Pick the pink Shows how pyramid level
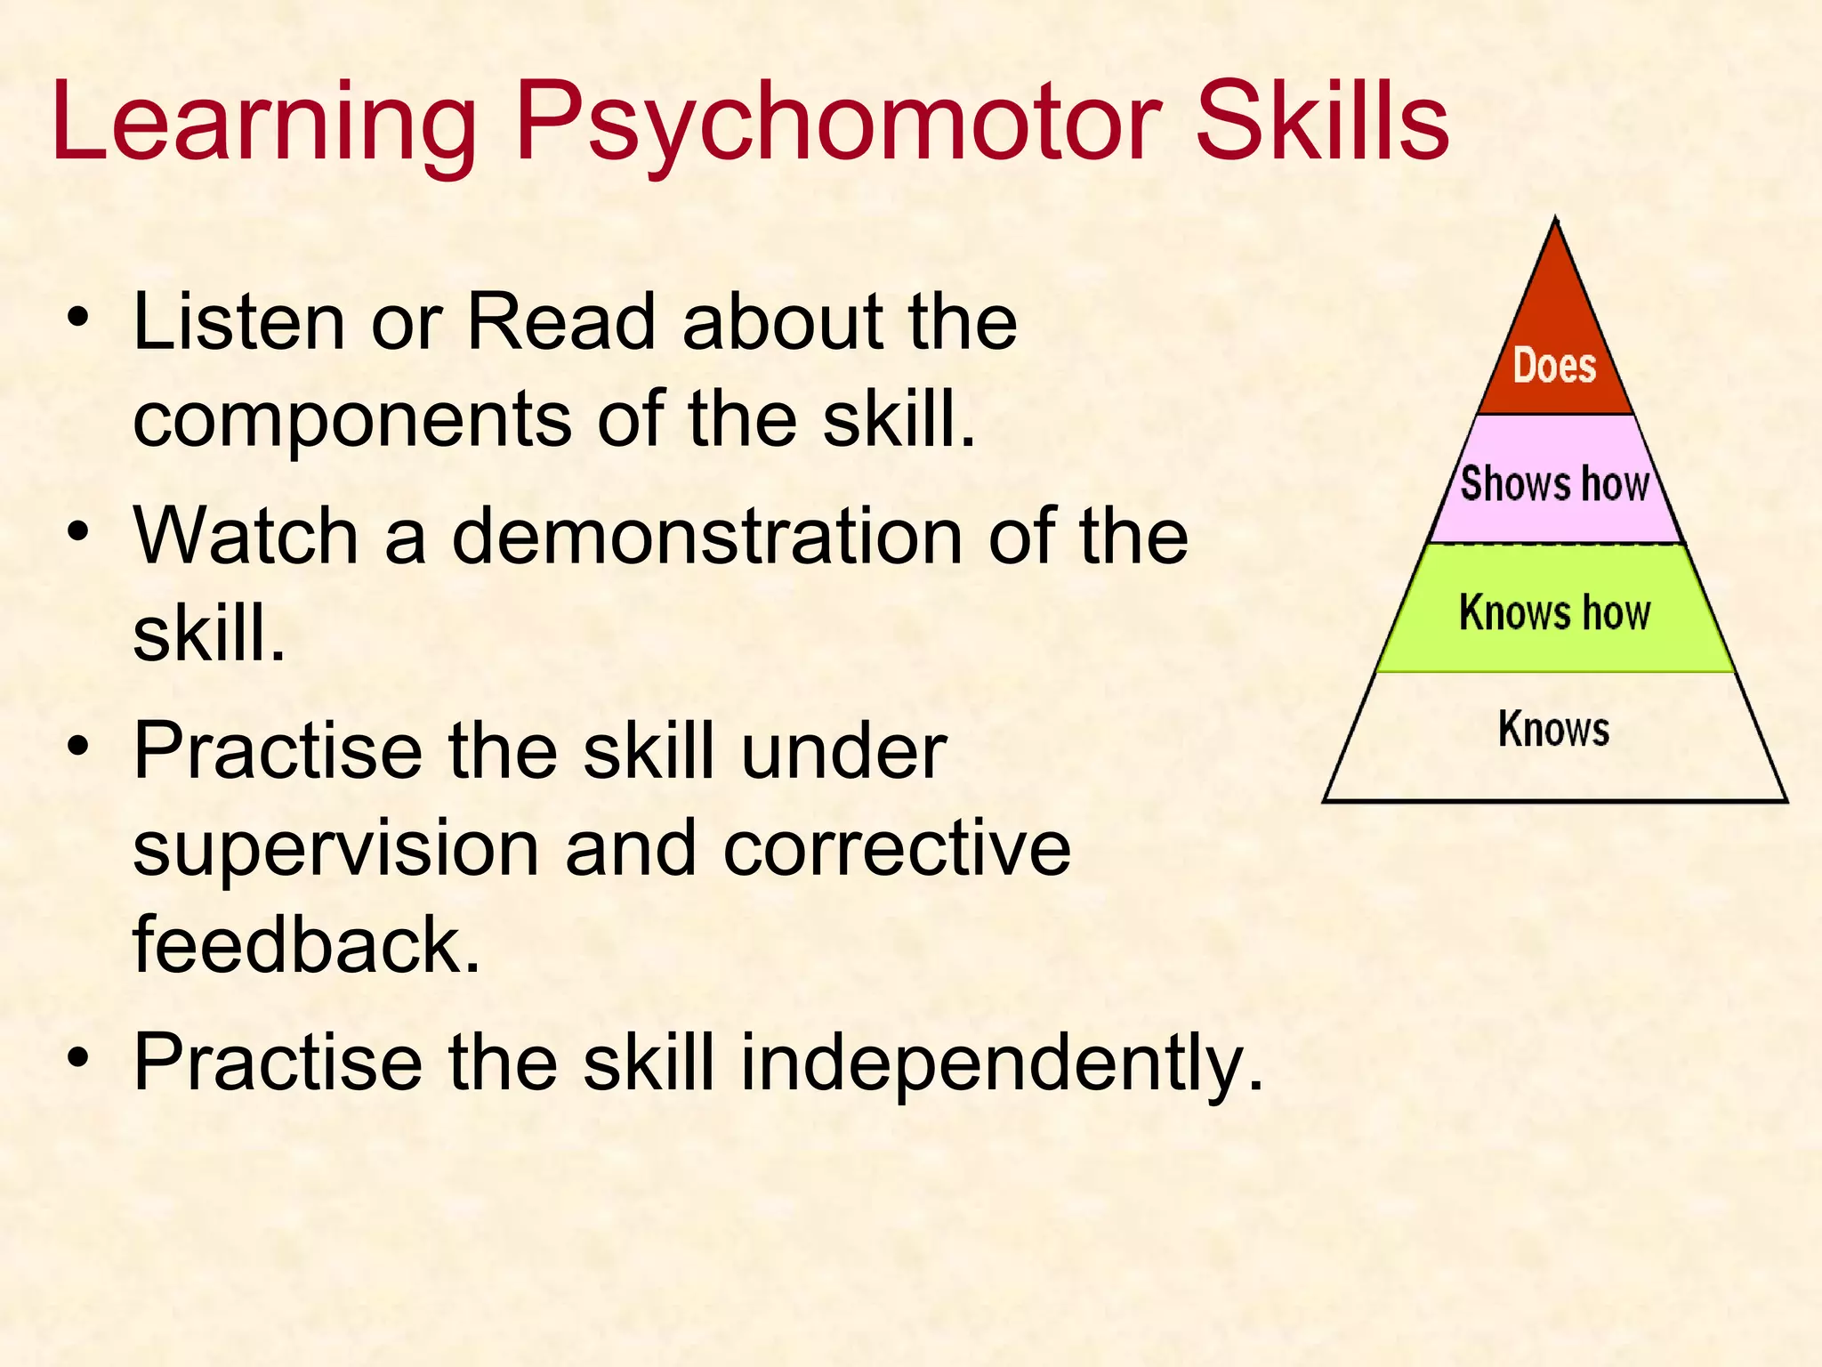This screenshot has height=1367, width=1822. click(1554, 483)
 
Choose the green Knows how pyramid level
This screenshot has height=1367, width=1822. click(1554, 612)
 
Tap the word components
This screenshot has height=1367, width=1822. click(352, 420)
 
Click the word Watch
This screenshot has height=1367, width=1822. click(246, 536)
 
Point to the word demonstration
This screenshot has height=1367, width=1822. click(707, 536)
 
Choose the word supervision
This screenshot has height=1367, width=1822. click(336, 848)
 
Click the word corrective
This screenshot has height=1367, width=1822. click(897, 848)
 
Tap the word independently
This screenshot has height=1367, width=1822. click(1002, 1063)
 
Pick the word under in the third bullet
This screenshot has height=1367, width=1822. click(843, 752)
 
